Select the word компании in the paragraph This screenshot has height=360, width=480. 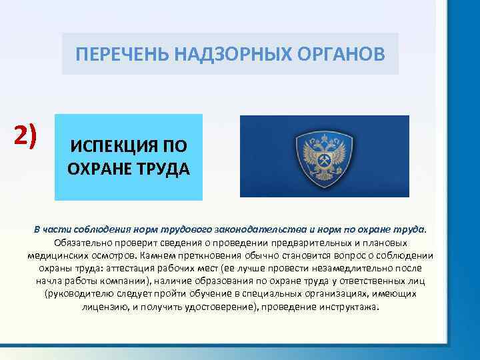pyautogui.click(x=123, y=281)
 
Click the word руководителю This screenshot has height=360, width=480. pyautogui.click(x=91, y=294)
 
